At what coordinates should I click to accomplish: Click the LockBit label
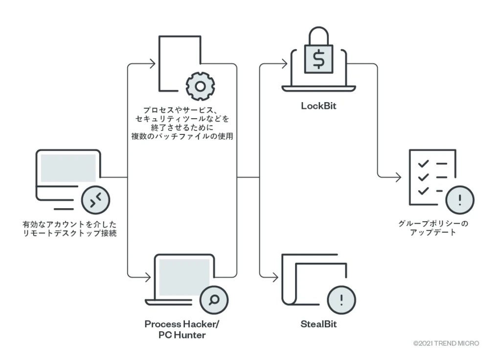pyautogui.click(x=319, y=106)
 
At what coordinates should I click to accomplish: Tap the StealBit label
pyautogui.click(x=319, y=323)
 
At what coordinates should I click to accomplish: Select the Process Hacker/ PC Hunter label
pyautogui.click(x=182, y=329)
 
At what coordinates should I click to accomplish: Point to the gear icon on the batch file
pyautogui.click(x=200, y=86)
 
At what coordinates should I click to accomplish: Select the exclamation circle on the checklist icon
pyautogui.click(x=460, y=200)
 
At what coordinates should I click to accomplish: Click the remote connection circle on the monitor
pyautogui.click(x=95, y=200)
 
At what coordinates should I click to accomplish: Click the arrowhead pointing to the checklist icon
pyautogui.click(x=398, y=177)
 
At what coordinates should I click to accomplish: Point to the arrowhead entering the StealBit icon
pyautogui.click(x=275, y=278)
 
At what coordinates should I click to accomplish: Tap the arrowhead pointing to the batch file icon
pyautogui.click(x=152, y=64)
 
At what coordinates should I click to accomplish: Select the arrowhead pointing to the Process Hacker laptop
pyautogui.click(x=147, y=278)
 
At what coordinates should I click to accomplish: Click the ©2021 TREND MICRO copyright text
pyautogui.click(x=446, y=343)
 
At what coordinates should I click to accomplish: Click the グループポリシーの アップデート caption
pyautogui.click(x=433, y=228)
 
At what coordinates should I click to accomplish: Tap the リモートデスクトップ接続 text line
pyautogui.click(x=69, y=233)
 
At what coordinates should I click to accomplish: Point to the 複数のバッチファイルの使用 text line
pyautogui.click(x=182, y=136)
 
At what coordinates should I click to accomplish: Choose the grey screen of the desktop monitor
pyautogui.click(x=68, y=168)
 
